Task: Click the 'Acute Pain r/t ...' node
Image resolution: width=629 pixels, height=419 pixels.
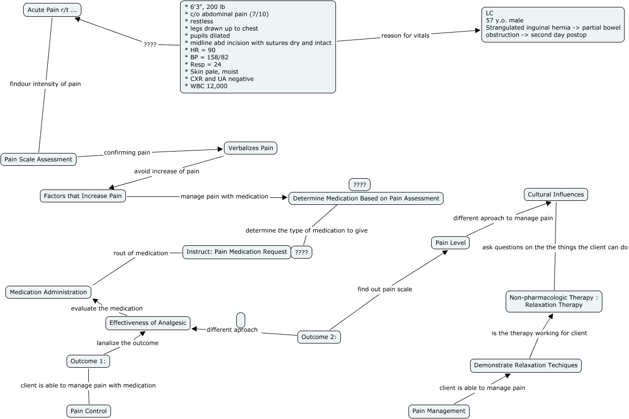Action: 52,10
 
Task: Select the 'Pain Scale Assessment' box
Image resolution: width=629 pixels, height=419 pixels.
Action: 38,159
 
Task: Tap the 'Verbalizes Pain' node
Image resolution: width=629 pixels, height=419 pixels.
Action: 251,148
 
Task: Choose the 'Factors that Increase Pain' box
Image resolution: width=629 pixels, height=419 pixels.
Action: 83,196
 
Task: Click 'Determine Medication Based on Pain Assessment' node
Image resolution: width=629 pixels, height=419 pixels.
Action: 366,198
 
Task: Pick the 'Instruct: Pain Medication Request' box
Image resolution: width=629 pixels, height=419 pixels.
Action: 237,252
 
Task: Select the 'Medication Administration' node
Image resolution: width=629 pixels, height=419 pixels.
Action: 48,292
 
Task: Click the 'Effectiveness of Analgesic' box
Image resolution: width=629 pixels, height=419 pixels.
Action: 148,323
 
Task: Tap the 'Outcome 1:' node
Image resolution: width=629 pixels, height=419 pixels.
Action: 88,361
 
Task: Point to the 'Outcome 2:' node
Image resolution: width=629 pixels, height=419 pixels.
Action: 319,337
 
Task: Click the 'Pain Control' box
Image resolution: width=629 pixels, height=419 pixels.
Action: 89,411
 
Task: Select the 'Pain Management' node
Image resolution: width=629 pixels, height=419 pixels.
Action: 439,411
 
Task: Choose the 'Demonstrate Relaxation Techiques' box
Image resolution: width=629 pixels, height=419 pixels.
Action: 526,366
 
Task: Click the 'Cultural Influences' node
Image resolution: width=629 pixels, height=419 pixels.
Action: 555,194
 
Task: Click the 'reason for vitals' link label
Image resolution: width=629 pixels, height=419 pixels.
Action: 405,36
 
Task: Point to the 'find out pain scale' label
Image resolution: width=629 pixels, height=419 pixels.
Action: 385,289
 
